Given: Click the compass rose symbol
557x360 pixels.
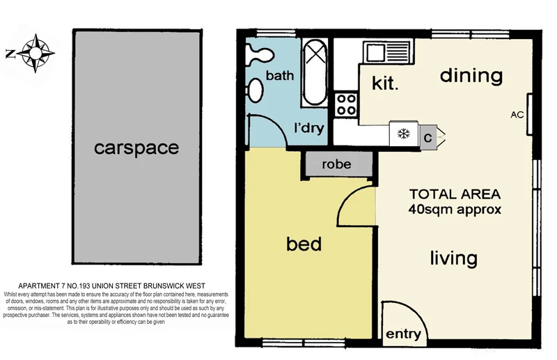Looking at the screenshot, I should (x=33, y=53).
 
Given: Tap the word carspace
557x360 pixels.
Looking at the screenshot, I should (x=136, y=148).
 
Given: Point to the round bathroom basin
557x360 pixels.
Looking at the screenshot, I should (x=256, y=89).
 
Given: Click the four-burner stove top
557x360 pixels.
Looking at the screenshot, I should (x=346, y=105).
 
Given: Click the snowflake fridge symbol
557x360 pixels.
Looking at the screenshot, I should (x=403, y=134).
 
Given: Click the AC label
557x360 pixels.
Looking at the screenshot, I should (x=517, y=114).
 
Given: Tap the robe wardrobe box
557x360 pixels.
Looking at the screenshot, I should (x=336, y=165).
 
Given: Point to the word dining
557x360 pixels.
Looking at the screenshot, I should (x=471, y=75).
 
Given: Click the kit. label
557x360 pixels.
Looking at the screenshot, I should (x=385, y=85).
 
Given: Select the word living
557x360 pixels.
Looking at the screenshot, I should (x=453, y=258).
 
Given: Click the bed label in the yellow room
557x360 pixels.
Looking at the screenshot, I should (x=304, y=244).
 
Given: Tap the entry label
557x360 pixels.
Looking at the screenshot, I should (x=403, y=334).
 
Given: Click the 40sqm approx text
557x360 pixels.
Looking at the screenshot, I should (x=455, y=208).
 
